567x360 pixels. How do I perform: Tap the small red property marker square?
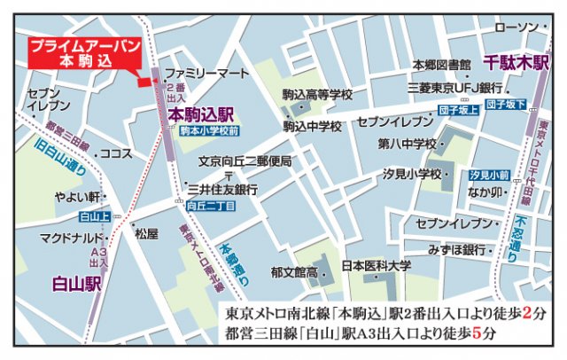143,82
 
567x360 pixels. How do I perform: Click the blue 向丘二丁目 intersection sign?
211,206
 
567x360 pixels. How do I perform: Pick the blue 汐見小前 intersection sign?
490,175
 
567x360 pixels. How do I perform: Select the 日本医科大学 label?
377,264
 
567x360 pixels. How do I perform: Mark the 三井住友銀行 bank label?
222,189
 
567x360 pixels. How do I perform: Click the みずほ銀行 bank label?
458,249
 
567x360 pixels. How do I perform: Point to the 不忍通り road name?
521,233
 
